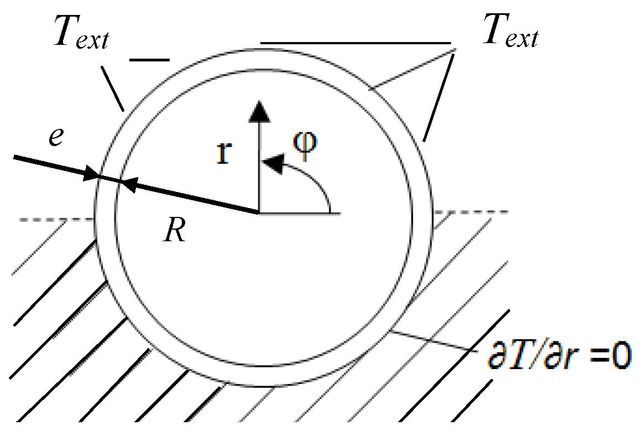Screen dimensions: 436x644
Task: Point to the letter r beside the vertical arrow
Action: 223,154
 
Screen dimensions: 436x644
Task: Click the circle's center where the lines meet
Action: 258,212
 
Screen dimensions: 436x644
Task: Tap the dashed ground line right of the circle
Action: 470,212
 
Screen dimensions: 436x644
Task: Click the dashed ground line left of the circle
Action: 55,220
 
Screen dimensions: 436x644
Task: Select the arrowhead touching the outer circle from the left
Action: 90,177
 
